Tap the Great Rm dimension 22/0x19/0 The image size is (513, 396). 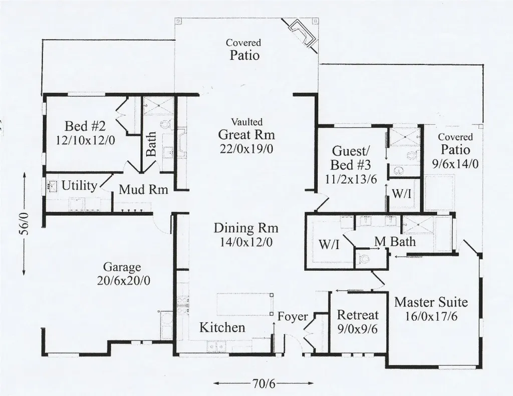tap(246, 149)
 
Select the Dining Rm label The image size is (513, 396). tap(246, 228)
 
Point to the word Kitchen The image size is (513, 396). tap(222, 328)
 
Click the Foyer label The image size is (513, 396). tap(293, 316)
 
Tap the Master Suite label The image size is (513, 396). tap(431, 302)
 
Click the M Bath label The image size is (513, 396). tap(395, 242)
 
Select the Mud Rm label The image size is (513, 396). tap(143, 190)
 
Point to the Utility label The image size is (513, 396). tap(79, 186)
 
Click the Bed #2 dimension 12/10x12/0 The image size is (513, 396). tap(86, 141)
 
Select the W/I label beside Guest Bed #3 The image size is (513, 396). tap(402, 194)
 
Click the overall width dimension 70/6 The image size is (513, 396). tap(264, 384)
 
